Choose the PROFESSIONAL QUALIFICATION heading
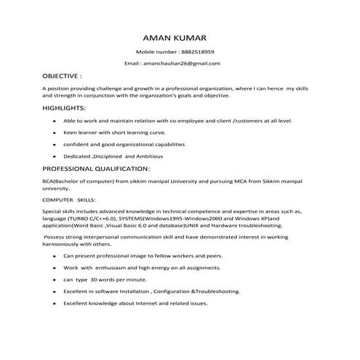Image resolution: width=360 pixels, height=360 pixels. pyautogui.click(x=96, y=169)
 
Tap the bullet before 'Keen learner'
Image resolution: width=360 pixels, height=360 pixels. pyautogui.click(x=55, y=133)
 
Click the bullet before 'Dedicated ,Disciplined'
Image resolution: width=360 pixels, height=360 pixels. pyautogui.click(x=55, y=156)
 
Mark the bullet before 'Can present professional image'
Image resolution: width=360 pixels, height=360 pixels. pyautogui.click(x=55, y=256)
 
